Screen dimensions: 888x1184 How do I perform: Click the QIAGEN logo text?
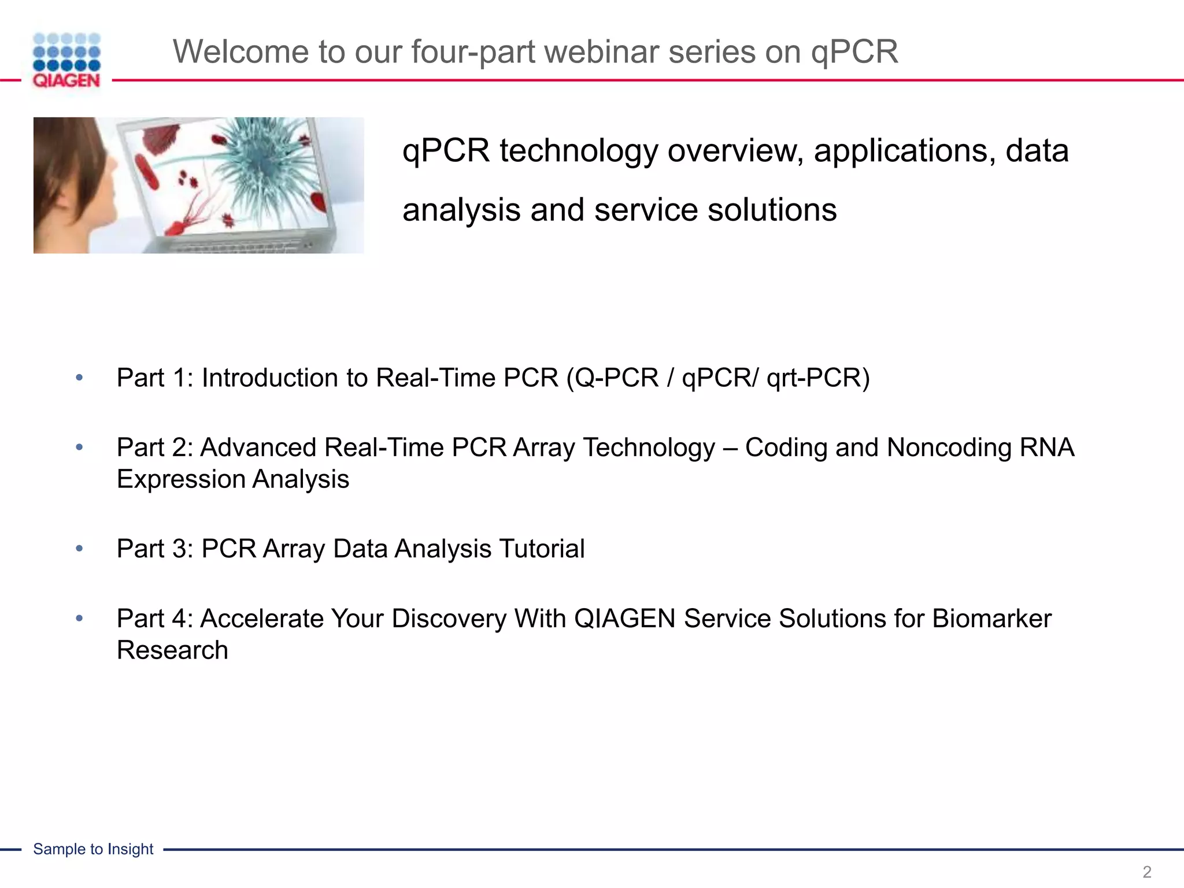click(66, 80)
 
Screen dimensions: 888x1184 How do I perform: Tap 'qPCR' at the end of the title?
click(854, 51)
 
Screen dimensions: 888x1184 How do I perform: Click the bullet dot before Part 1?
click(80, 378)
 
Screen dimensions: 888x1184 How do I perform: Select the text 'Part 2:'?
click(154, 447)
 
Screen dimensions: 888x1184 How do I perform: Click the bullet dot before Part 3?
click(80, 549)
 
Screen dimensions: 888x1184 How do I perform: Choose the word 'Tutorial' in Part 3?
click(542, 549)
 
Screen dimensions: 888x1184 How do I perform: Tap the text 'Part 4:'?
click(154, 619)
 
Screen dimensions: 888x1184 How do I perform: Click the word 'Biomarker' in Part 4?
click(991, 619)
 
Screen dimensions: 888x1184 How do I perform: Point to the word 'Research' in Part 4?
click(172, 650)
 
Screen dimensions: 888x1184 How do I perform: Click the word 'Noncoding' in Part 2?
click(949, 447)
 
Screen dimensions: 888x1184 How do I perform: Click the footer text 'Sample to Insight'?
click(93, 849)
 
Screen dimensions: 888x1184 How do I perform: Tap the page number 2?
click(1147, 872)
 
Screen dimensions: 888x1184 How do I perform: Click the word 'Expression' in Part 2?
click(180, 479)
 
